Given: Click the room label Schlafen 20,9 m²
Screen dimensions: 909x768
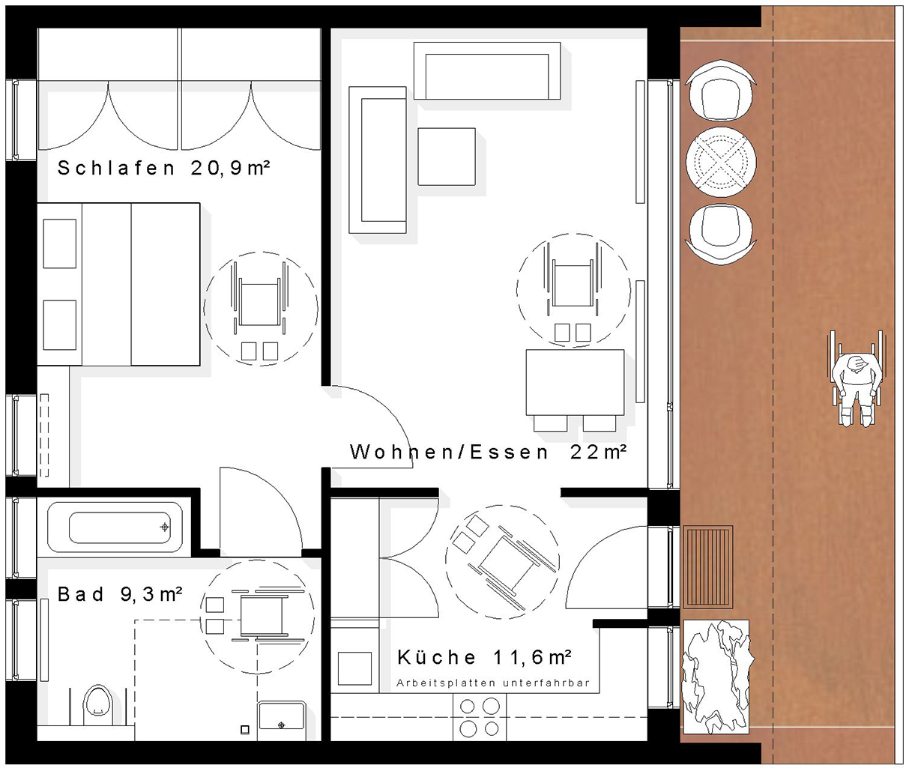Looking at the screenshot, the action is (163, 168).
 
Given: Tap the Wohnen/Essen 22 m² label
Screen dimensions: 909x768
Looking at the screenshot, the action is (488, 453).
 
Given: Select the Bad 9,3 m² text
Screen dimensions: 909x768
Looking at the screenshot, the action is (120, 594).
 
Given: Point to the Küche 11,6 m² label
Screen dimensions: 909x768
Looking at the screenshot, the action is (484, 657).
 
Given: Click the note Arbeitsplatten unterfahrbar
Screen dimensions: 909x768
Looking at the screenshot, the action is (493, 683).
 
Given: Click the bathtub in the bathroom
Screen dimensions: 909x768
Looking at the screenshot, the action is (115, 527).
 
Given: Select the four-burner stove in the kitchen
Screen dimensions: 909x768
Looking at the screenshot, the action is (480, 717).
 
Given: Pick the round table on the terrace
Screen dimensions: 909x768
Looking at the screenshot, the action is (721, 162).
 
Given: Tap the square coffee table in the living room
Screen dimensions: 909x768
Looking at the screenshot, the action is (446, 157).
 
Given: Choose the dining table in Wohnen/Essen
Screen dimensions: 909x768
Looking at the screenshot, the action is (575, 382).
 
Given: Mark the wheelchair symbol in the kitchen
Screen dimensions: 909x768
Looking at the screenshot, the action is (503, 562).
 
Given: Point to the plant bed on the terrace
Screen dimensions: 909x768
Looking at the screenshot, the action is (716, 677).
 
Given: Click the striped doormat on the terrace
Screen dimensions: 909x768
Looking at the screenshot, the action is (708, 567).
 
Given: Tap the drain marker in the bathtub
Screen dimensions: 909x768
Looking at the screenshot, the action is (165, 527).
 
